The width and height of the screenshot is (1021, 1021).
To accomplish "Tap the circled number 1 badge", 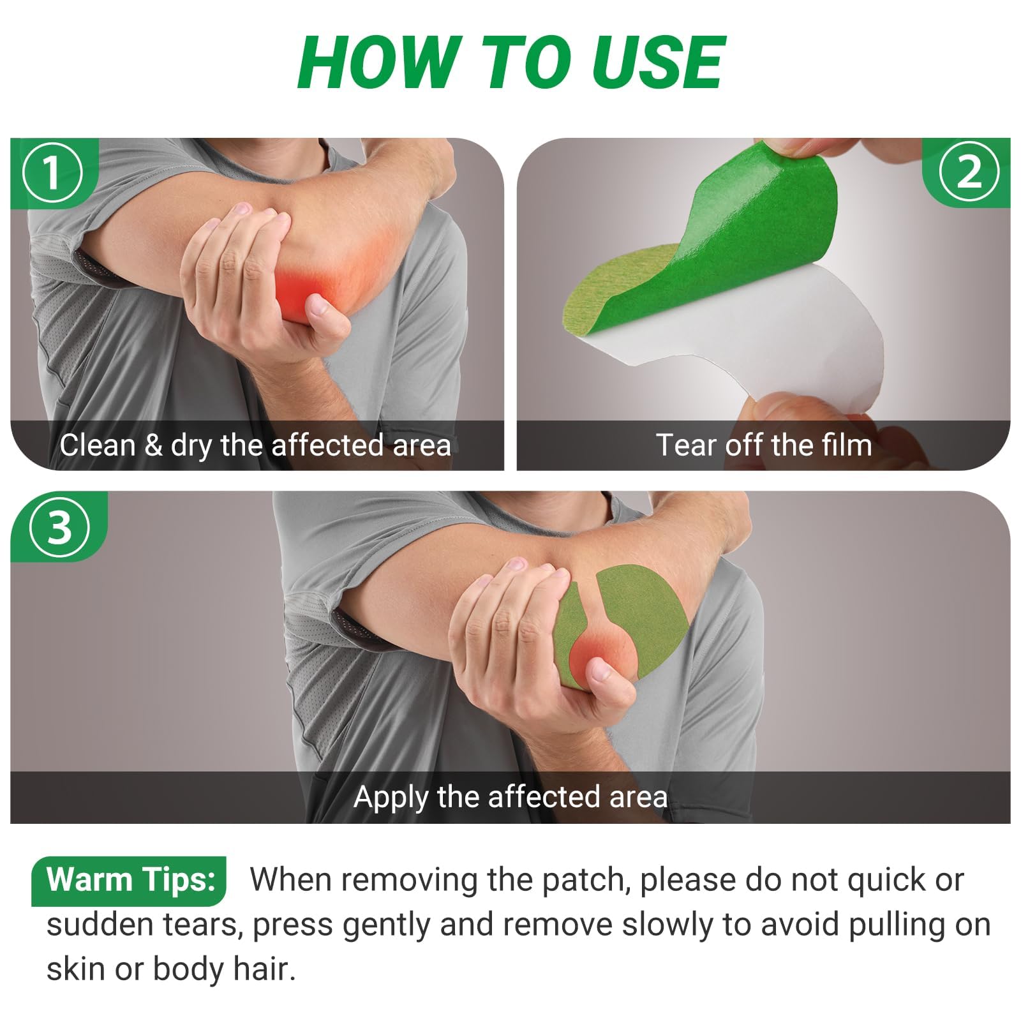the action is [52, 172].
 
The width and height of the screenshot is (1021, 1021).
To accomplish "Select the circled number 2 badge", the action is [969, 172].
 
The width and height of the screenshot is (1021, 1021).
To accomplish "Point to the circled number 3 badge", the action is [59, 527].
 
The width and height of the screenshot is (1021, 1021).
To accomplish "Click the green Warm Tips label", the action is [130, 880].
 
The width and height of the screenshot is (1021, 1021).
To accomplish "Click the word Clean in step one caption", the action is [98, 445].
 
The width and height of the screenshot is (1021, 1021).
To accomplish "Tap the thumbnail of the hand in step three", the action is [601, 670].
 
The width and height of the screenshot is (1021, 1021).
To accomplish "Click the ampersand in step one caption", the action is [153, 445].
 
